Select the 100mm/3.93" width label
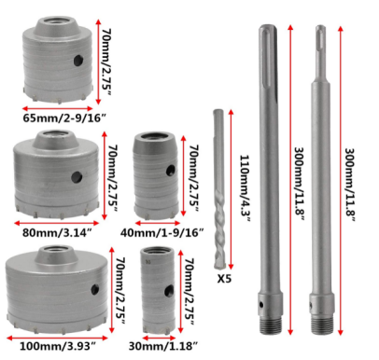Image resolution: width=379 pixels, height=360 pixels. [x=58, y=346]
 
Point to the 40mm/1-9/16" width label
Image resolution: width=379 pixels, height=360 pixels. [x=161, y=232]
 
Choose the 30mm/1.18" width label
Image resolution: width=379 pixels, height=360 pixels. [x=163, y=346]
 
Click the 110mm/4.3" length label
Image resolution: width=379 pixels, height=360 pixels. [x=245, y=188]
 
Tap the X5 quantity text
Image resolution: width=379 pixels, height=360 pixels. [x=224, y=279]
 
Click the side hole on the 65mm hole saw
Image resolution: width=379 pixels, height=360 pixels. [x=78, y=61]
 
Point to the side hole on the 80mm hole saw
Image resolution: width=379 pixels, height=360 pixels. [x=77, y=177]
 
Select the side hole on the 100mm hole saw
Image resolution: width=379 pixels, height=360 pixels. [x=95, y=290]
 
